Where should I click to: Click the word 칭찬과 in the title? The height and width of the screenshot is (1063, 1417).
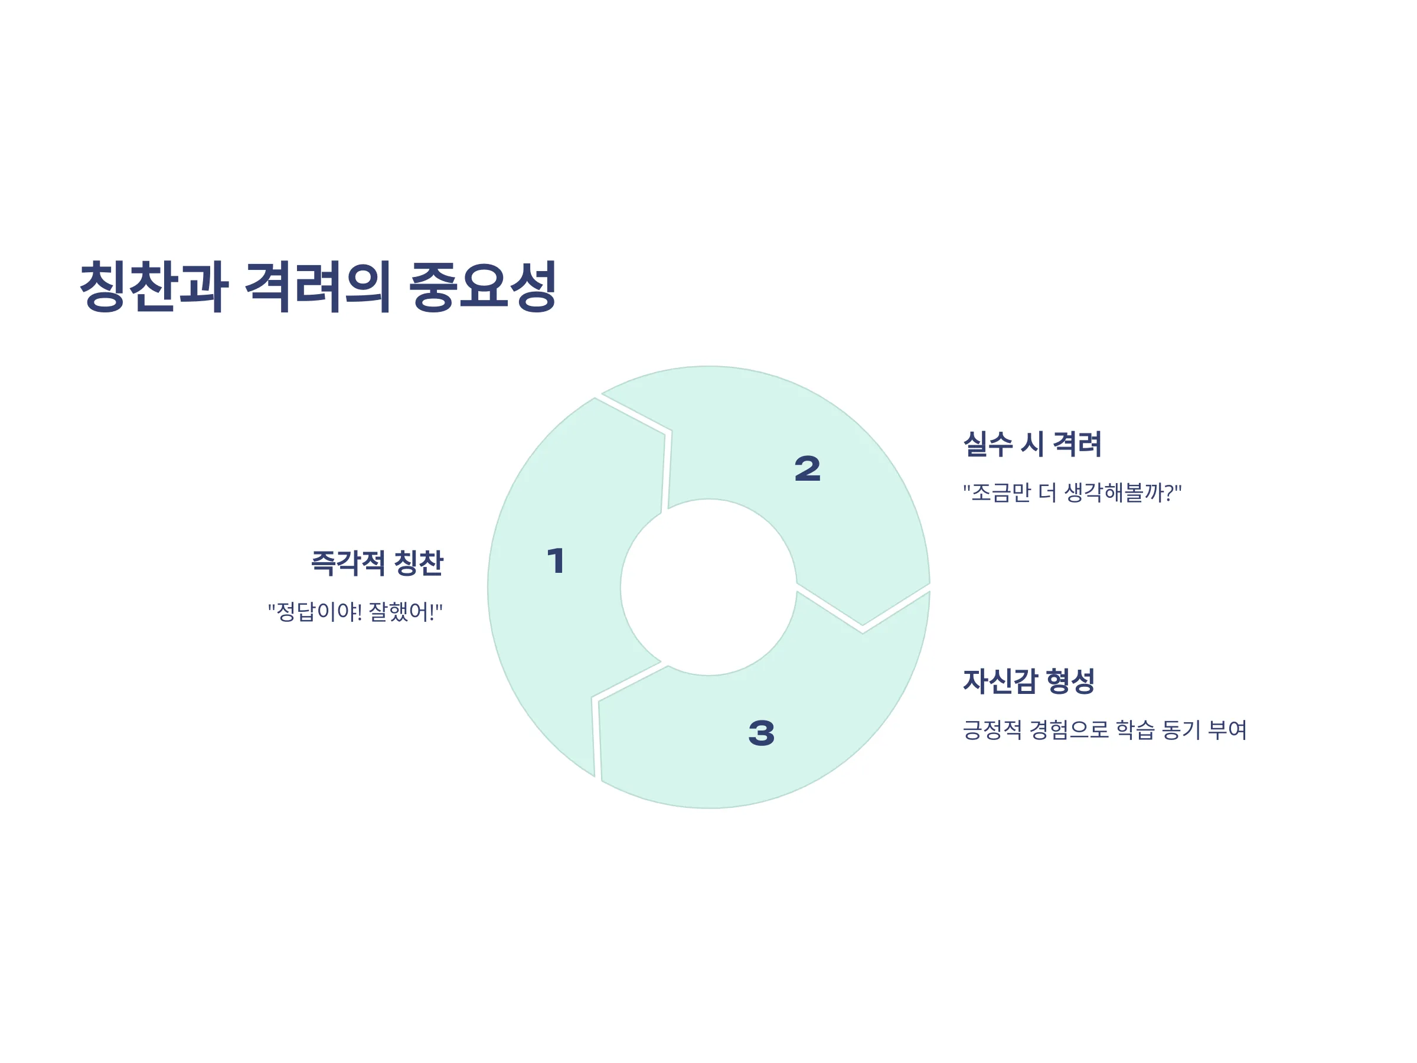(154, 286)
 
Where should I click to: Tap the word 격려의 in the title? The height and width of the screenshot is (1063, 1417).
(318, 286)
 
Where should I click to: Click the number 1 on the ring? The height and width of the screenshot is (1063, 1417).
(556, 560)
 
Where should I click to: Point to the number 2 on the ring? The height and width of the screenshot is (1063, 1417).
(807, 468)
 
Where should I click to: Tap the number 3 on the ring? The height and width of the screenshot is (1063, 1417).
(762, 733)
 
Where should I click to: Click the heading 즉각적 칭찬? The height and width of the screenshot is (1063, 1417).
(377, 563)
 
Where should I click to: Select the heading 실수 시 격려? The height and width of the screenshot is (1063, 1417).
(1032, 444)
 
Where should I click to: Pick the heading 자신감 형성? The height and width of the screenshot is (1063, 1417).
(1029, 681)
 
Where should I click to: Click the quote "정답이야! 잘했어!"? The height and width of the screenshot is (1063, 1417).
(355, 612)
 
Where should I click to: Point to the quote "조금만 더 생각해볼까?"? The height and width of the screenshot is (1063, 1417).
(1072, 493)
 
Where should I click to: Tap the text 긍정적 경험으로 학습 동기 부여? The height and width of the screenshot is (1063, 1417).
(1105, 730)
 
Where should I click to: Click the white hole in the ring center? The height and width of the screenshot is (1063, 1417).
(708, 587)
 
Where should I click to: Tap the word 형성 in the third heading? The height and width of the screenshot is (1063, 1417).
(1070, 681)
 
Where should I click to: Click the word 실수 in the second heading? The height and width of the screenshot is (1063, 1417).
(988, 444)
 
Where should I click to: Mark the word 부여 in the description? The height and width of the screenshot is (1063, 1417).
(1227, 730)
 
